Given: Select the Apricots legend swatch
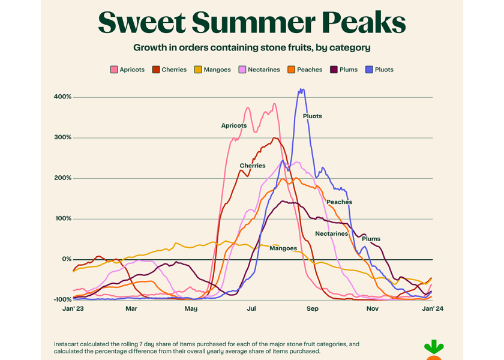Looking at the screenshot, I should [x=113, y=70].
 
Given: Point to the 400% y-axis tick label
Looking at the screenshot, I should [x=62, y=97].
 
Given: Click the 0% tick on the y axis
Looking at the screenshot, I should [x=66, y=259].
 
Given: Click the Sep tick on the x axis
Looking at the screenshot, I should [x=312, y=309].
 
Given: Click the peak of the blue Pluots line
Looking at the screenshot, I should [x=301, y=89].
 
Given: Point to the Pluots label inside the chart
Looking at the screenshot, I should [x=312, y=116].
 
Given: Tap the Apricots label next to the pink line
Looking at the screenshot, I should [x=233, y=125].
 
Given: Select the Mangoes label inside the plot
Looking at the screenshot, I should [x=283, y=248].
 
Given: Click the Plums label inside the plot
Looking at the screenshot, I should [x=371, y=239].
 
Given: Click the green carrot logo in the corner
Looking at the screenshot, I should [x=433, y=349].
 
